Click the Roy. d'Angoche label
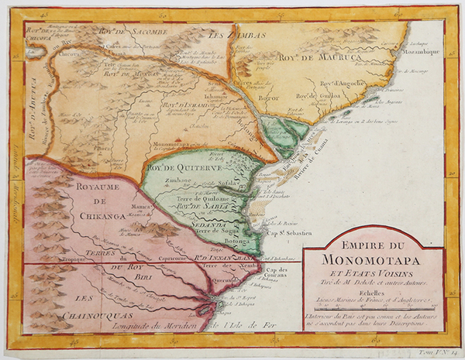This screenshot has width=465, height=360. [x=339, y=84]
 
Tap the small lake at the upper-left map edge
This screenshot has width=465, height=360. [x=32, y=57]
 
